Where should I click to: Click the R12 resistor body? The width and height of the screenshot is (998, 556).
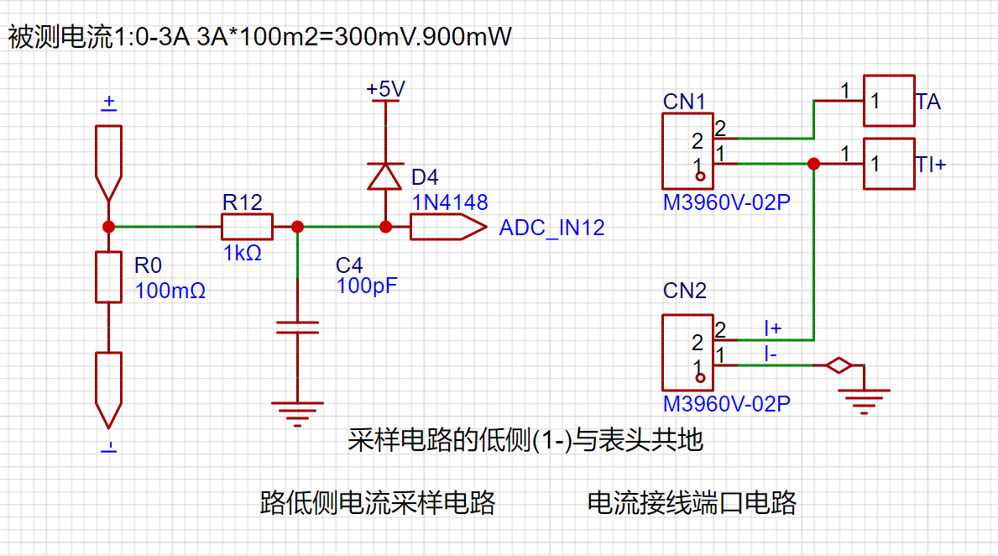(x=247, y=227)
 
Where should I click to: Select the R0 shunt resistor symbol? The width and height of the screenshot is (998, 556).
(x=109, y=277)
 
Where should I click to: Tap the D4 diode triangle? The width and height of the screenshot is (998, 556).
(x=385, y=176)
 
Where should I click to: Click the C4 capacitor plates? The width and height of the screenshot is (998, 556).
(x=297, y=328)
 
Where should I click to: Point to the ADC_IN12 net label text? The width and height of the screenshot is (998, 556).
(x=551, y=228)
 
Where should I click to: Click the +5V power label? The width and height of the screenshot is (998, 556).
(x=386, y=88)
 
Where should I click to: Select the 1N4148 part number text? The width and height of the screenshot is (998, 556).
(x=450, y=202)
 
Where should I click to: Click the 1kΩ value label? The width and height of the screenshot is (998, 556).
(x=243, y=253)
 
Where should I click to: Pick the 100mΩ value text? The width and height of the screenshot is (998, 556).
(x=170, y=291)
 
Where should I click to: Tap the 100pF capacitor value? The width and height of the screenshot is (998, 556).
(x=367, y=286)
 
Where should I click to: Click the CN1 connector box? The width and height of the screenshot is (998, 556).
(x=687, y=151)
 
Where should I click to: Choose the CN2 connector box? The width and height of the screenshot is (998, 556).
(x=687, y=352)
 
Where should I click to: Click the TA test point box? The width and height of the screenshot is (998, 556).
(x=889, y=101)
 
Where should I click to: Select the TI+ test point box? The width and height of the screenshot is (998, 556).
(x=889, y=164)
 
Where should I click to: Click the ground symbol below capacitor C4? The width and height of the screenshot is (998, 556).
(x=297, y=412)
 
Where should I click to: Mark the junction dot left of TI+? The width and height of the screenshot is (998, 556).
(x=813, y=164)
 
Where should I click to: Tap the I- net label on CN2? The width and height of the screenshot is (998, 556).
(x=771, y=354)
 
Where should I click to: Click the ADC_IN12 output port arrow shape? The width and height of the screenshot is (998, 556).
(x=448, y=227)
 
